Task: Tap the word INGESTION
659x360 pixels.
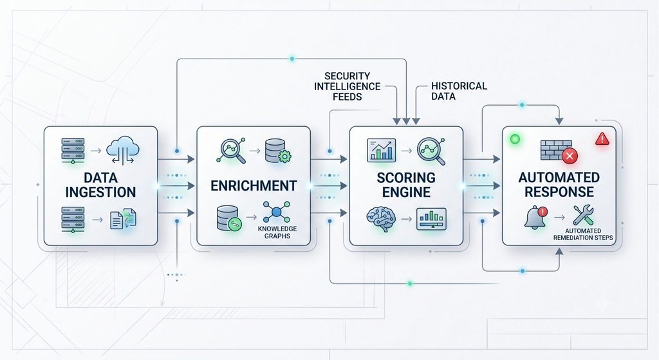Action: [x=100, y=192]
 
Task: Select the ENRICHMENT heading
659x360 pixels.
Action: [x=254, y=185]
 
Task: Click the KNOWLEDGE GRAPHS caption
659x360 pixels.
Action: [x=277, y=232]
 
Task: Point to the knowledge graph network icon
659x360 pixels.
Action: [x=277, y=212]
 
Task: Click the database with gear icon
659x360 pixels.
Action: [x=278, y=151]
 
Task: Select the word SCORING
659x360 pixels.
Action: [x=406, y=178]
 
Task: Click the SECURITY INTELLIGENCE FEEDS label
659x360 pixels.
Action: [x=347, y=86]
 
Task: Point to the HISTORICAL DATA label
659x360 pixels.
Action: [x=459, y=91]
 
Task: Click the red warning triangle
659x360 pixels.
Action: [x=602, y=138]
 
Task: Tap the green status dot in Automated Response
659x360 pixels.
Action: [x=515, y=139]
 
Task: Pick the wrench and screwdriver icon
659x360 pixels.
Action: [x=583, y=214]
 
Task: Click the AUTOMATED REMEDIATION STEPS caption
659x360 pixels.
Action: [x=583, y=234]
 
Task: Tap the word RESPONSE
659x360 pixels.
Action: [x=559, y=192]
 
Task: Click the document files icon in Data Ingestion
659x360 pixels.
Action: [x=123, y=219]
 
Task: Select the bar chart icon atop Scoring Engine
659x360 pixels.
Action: [x=381, y=150]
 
